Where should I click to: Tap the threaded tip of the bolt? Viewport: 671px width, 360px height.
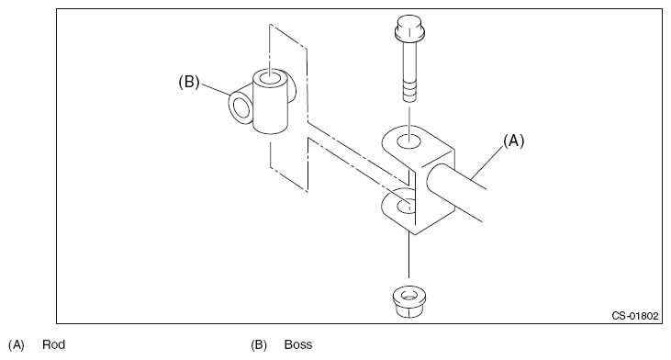[409, 90]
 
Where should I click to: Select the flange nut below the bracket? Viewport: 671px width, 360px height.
[409, 302]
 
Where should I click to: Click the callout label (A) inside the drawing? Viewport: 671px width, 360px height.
[513, 141]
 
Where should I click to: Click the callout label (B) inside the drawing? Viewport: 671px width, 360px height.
[189, 82]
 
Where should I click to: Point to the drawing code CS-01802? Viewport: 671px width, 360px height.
[634, 316]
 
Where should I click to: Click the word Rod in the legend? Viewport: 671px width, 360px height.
[53, 344]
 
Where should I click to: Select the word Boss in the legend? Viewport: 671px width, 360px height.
[298, 344]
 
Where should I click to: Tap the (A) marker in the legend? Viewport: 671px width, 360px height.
[17, 344]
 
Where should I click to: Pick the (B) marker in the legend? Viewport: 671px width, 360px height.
[259, 344]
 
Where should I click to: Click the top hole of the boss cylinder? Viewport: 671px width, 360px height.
[270, 79]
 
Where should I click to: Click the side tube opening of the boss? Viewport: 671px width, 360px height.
[241, 107]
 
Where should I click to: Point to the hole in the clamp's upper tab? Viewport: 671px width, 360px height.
[409, 141]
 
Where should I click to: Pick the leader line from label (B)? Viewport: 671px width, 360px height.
[216, 90]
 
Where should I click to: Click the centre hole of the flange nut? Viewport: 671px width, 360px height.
[409, 296]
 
